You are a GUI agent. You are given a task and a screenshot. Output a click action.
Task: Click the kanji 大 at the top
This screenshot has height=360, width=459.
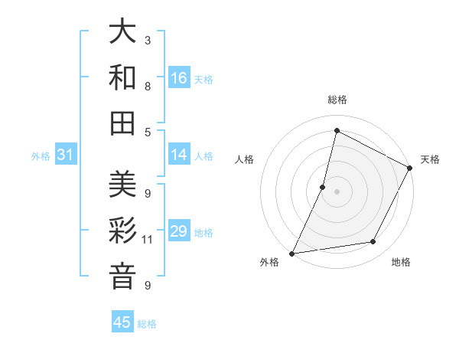(122, 32)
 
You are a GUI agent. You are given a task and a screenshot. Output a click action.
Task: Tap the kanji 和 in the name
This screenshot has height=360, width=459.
(122, 77)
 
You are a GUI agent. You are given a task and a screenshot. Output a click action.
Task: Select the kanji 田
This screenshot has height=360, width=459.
(122, 123)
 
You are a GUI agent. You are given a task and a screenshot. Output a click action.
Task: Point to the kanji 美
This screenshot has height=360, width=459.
(122, 185)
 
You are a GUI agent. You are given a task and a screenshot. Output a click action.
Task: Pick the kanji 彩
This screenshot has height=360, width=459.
(122, 231)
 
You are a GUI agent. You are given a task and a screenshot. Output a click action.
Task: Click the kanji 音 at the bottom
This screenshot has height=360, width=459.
(122, 276)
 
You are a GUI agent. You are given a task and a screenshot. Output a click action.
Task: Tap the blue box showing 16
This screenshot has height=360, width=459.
(179, 78)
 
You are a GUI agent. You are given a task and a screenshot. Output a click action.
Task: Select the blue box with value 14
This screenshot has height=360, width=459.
(179, 155)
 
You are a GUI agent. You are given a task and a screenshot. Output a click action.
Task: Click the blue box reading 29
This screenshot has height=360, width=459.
(179, 231)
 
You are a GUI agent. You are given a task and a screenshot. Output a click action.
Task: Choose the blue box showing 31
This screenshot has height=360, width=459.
(65, 155)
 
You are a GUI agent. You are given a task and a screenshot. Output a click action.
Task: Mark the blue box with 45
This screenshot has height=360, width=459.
(122, 322)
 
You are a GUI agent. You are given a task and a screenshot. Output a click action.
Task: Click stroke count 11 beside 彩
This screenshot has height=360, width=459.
(148, 240)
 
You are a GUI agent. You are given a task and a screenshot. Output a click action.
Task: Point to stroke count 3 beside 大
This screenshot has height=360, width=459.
(148, 40)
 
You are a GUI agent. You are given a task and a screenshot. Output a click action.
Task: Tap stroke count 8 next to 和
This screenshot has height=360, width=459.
(148, 86)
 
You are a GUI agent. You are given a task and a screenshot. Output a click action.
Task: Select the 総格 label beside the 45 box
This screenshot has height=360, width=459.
(147, 324)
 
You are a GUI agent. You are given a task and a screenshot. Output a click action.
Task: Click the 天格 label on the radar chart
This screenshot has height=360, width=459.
(430, 159)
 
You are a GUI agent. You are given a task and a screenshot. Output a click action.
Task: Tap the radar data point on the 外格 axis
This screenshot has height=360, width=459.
(292, 253)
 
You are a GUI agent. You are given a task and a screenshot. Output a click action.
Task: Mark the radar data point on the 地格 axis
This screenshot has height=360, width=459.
(373, 242)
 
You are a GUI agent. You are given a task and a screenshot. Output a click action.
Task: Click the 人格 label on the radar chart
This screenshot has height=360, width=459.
(245, 159)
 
